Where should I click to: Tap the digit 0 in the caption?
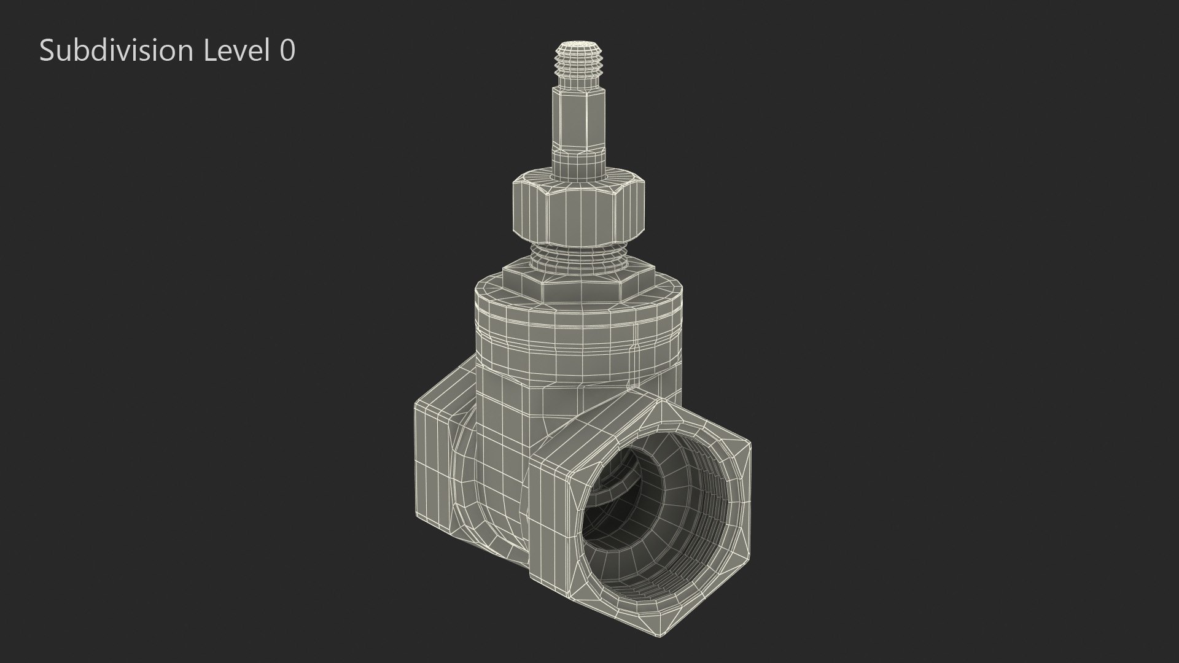pyautogui.click(x=287, y=50)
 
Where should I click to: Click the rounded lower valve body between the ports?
pyautogui.click(x=491, y=491)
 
